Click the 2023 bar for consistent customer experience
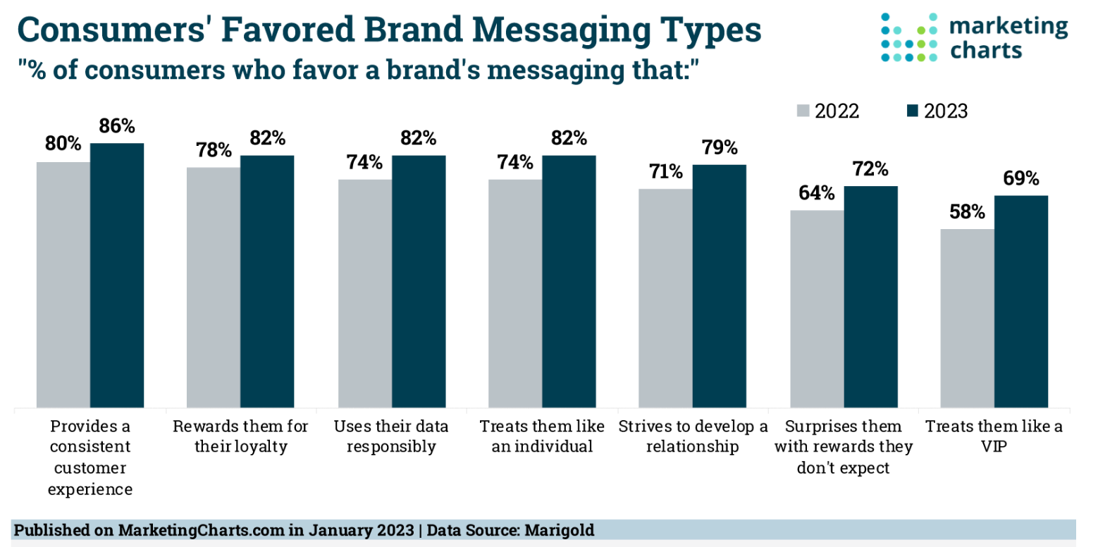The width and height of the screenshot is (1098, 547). click(x=117, y=275)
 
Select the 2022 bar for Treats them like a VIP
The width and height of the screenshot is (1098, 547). click(x=967, y=318)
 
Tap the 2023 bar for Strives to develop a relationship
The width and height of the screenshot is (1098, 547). click(x=719, y=285)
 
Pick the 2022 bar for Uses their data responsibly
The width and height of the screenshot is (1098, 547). click(x=365, y=293)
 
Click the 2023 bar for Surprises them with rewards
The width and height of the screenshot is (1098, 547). click(x=870, y=297)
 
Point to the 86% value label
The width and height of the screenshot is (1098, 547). click(x=117, y=126)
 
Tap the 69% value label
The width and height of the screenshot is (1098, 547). click(x=1020, y=178)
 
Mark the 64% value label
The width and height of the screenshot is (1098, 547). click(x=816, y=193)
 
